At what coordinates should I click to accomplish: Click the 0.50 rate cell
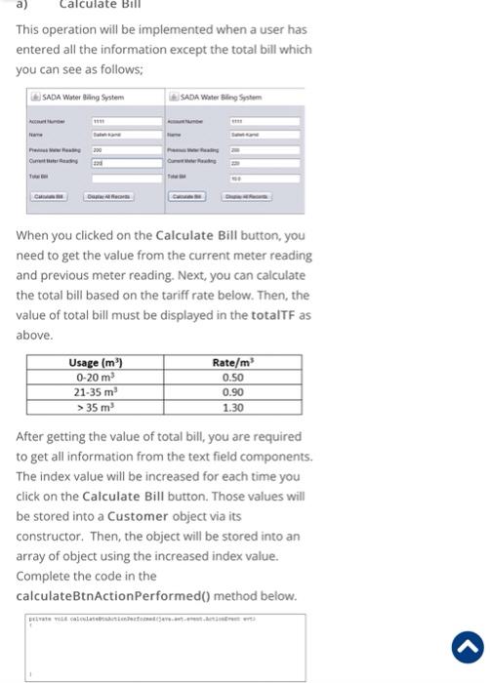point(232,377)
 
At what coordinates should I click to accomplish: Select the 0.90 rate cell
point(232,391)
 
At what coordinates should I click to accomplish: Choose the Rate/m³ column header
point(232,363)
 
